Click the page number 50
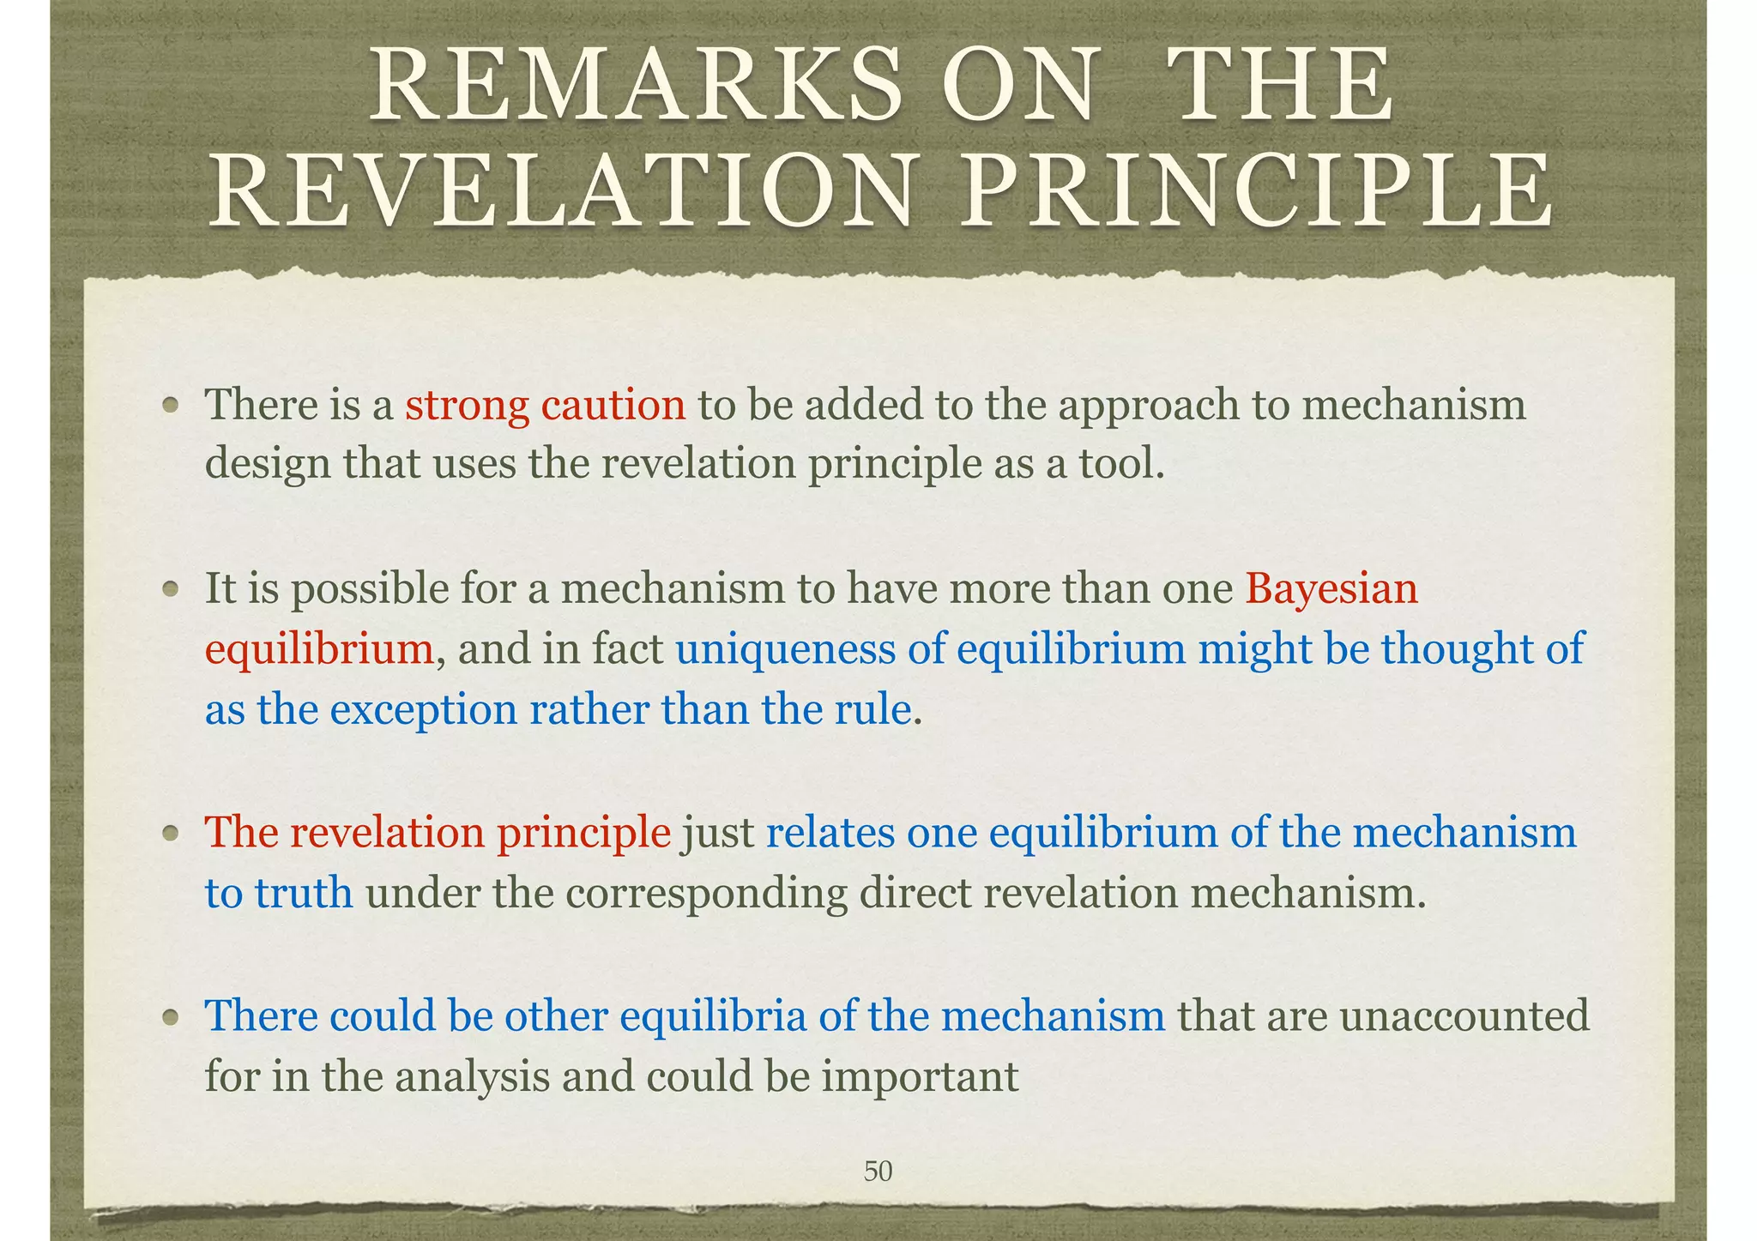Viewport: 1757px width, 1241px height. (878, 1171)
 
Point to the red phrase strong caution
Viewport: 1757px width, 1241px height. (546, 405)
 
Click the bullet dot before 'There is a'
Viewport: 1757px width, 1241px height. (172, 405)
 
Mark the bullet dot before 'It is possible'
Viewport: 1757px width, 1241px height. (172, 589)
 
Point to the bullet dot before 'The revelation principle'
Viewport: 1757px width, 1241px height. (172, 833)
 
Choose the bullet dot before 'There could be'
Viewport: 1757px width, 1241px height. (172, 1016)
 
